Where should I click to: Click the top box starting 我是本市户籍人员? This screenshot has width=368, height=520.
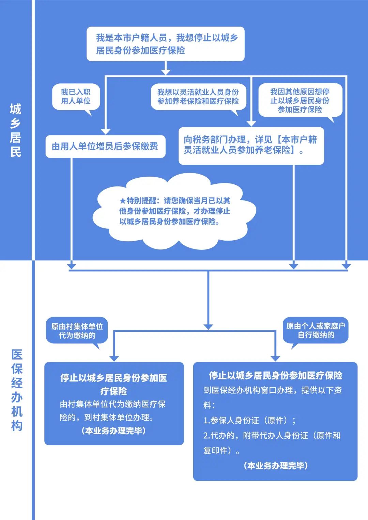[166, 44]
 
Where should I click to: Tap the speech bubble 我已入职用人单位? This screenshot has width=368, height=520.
[76, 97]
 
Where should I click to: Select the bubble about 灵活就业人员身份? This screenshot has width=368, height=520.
[198, 97]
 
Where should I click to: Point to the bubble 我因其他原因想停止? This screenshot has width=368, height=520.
[300, 100]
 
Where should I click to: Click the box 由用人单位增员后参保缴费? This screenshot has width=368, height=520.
[105, 146]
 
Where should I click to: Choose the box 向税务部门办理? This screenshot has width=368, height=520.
[251, 146]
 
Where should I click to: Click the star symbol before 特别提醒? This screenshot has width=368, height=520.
[123, 200]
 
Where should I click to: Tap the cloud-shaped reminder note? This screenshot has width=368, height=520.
[174, 211]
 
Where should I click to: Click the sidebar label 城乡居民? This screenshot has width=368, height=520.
[16, 130]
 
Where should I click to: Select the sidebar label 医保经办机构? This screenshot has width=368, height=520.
[17, 390]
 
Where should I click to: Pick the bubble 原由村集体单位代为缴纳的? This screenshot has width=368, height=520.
[77, 331]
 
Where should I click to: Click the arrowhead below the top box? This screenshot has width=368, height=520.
[166, 72]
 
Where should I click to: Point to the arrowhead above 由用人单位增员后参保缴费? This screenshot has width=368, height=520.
[105, 132]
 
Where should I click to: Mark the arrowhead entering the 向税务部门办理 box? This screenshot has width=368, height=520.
[251, 124]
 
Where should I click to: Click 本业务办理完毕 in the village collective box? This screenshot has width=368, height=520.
[114, 430]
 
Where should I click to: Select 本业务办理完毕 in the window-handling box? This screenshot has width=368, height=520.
[276, 466]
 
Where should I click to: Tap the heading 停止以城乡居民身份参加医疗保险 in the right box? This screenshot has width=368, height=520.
[275, 375]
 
